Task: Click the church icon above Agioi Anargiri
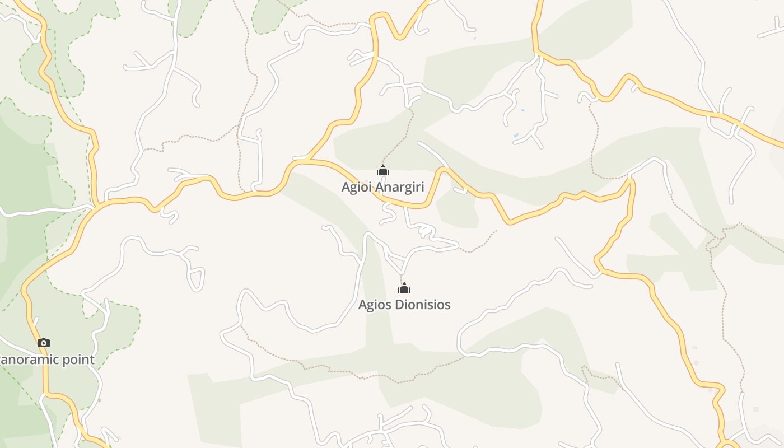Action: pyautogui.click(x=383, y=171)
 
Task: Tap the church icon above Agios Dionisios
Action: pyautogui.click(x=404, y=288)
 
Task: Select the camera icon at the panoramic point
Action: pyautogui.click(x=44, y=343)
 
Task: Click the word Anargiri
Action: pyautogui.click(x=399, y=187)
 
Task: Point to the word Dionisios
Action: pyautogui.click(x=423, y=305)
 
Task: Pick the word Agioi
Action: pyautogui.click(x=356, y=187)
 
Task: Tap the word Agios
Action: pyautogui.click(x=375, y=305)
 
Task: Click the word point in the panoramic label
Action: pyautogui.click(x=78, y=360)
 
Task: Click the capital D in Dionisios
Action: pyautogui.click(x=400, y=305)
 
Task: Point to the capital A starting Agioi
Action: pyautogui.click(x=346, y=186)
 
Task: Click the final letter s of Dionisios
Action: pyautogui.click(x=447, y=305)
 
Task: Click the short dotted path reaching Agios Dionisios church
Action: pyautogui.click(x=402, y=278)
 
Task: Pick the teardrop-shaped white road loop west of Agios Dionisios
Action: pyautogui.click(x=195, y=278)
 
